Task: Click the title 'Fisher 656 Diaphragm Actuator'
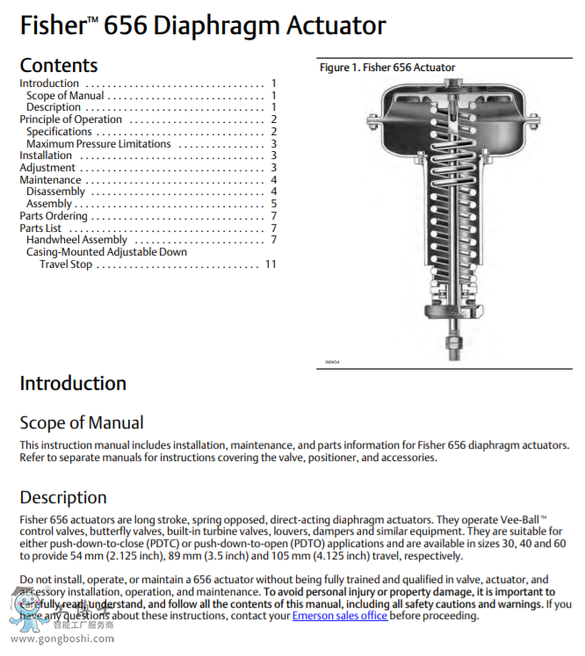coord(202,25)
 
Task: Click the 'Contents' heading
coord(59,65)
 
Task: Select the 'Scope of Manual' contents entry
coord(65,96)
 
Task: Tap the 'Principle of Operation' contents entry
coord(71,119)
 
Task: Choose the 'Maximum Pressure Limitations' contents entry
coord(98,144)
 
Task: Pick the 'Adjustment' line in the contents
coord(47,168)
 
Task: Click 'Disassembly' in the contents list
coord(55,191)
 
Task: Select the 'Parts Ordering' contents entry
coord(54,216)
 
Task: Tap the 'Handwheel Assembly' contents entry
coord(76,240)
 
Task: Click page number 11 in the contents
coord(271,264)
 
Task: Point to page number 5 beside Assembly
coord(274,204)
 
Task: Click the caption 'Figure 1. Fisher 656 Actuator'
coord(387,68)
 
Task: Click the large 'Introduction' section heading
coord(73,384)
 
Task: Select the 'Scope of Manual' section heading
coord(82,423)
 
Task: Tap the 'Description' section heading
coord(63,498)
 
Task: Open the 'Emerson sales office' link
coord(339,616)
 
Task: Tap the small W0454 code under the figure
coord(332,361)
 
